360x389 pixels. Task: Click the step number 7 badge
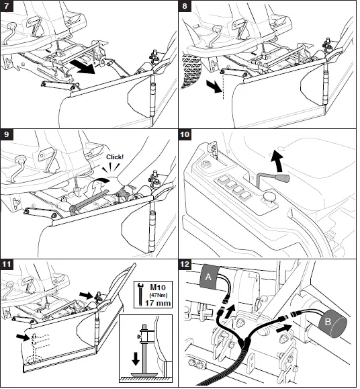point(7,6)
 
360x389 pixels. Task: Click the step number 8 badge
point(185,6)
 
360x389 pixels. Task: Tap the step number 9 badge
point(7,134)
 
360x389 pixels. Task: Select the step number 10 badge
point(185,134)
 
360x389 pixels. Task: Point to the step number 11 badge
point(7,264)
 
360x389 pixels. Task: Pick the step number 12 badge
point(185,264)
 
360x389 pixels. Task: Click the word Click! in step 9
point(115,157)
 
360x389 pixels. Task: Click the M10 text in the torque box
point(158,288)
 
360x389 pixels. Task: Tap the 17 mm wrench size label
point(158,303)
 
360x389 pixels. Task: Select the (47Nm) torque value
point(159,295)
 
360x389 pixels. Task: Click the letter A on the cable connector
point(208,277)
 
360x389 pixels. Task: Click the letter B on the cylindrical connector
point(328,322)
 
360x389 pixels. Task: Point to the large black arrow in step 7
point(83,67)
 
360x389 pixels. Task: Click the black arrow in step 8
point(214,87)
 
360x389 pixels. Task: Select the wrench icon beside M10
point(140,295)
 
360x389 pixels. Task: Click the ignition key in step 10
point(213,148)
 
